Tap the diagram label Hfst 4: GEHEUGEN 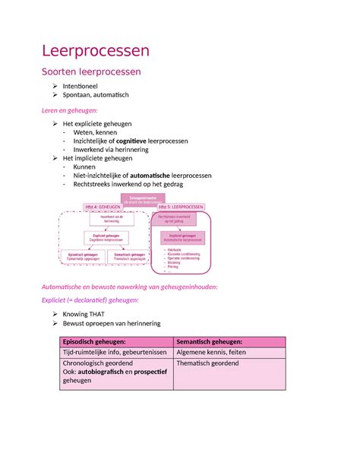click(103, 207)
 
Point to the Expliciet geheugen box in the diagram click(106, 237)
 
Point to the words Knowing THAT click(91, 312)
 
